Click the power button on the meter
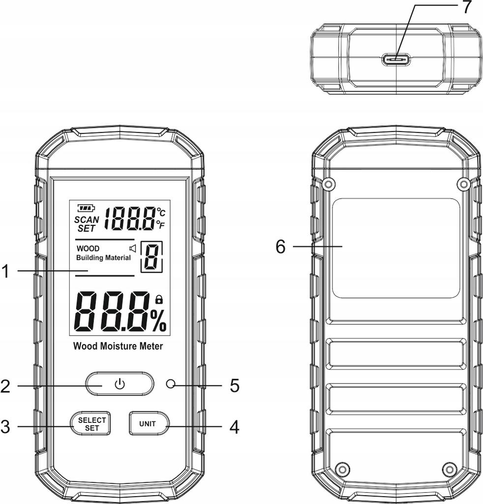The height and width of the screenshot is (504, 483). [x=120, y=384]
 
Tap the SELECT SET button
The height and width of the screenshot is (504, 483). [x=90, y=424]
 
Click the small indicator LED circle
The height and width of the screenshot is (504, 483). [x=171, y=384]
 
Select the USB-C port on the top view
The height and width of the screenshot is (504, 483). [x=396, y=60]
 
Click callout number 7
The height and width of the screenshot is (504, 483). [x=467, y=7]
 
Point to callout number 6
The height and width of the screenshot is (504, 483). [x=280, y=247]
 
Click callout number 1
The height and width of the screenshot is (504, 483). [x=5, y=271]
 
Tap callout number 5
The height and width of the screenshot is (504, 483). [x=235, y=385]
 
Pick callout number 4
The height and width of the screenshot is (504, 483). [x=235, y=427]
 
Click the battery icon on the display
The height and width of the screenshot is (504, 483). [x=86, y=208]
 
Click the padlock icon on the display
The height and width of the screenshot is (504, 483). [x=159, y=299]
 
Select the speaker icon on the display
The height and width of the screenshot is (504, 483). [x=133, y=249]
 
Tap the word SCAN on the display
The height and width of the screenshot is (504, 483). [x=87, y=220]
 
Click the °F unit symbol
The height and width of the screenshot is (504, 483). [x=160, y=224]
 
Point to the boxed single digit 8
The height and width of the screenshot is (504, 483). [x=152, y=257]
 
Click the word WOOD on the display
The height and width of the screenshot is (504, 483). [x=88, y=249]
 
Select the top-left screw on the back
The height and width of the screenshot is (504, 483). [x=328, y=184]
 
